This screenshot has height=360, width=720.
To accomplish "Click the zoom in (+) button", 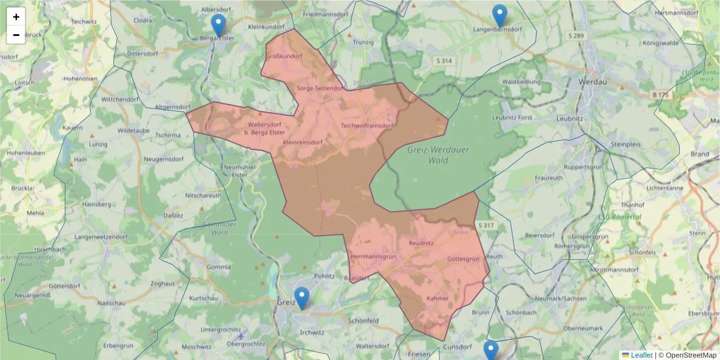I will coord(16,17).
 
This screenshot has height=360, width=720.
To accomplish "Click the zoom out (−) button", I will coord(16,35).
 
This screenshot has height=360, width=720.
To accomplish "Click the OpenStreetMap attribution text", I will coord(688,355).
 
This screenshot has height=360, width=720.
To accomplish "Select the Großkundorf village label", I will coord(284,56).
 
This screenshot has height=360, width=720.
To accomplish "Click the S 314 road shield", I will coord(444,61).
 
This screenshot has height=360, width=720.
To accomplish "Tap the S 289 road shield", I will coord(575,36).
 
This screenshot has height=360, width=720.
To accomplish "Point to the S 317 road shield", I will coord(486,226).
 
